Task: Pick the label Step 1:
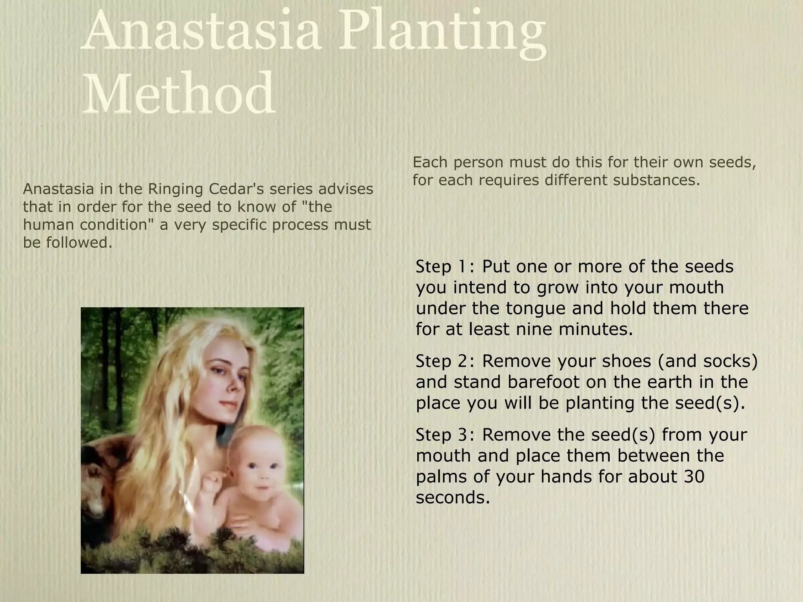point(445,267)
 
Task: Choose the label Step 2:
point(445,361)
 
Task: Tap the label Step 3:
point(445,435)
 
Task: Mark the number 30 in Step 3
point(694,477)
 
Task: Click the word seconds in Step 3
point(452,498)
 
